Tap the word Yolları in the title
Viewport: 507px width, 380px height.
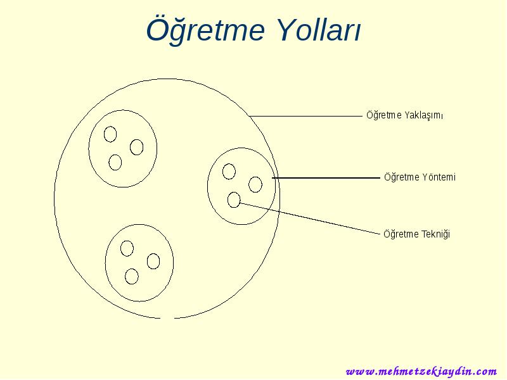pyautogui.click(x=319, y=29)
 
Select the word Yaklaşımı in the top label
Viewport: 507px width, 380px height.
pyautogui.click(x=424, y=115)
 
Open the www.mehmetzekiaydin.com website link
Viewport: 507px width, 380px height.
pyautogui.click(x=421, y=371)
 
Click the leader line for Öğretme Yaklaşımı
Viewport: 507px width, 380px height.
pyautogui.click(x=305, y=116)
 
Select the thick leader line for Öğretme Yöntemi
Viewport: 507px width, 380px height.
pyautogui.click(x=326, y=178)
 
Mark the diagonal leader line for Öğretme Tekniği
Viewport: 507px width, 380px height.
pyautogui.click(x=310, y=218)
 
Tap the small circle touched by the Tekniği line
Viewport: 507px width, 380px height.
pyautogui.click(x=228, y=199)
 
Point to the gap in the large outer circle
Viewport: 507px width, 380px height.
pyautogui.click(x=167, y=319)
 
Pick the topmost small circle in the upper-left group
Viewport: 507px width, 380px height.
pyautogui.click(x=104, y=134)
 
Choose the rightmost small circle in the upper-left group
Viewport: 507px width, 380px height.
pyautogui.click(x=131, y=148)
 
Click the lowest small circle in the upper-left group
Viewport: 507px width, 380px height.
pyautogui.click(x=109, y=162)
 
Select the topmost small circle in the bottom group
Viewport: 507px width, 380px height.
pyautogui.click(x=120, y=248)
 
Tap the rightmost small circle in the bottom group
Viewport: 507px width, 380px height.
pyautogui.click(x=148, y=261)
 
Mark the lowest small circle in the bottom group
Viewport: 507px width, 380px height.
pyautogui.click(x=125, y=276)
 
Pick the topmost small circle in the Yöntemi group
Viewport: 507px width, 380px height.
pyautogui.click(x=223, y=171)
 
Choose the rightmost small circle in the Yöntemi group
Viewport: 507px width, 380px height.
pyautogui.click(x=249, y=184)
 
